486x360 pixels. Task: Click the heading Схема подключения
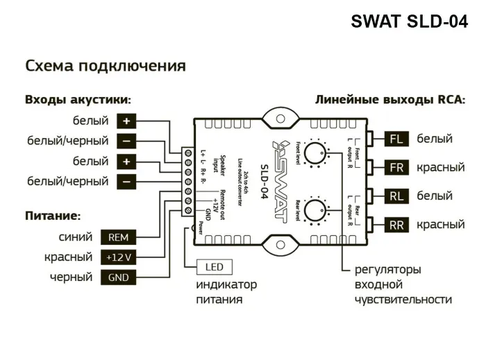106,66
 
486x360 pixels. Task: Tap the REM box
119,237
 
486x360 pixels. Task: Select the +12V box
119,257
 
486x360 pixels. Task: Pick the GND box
119,277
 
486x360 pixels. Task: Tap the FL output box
396,139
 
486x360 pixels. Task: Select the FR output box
396,168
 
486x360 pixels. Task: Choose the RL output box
396,196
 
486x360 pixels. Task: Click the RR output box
396,225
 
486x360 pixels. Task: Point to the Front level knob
317,153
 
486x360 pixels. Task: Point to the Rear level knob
317,209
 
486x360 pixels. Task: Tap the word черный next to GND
71,277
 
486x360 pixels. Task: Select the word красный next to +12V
68,257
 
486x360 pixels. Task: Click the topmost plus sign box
126,121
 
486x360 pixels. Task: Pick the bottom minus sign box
126,182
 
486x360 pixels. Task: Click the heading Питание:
53,216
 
